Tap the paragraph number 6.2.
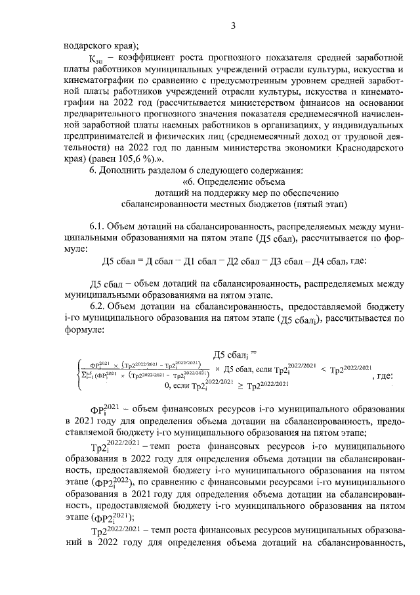point(97,306)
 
